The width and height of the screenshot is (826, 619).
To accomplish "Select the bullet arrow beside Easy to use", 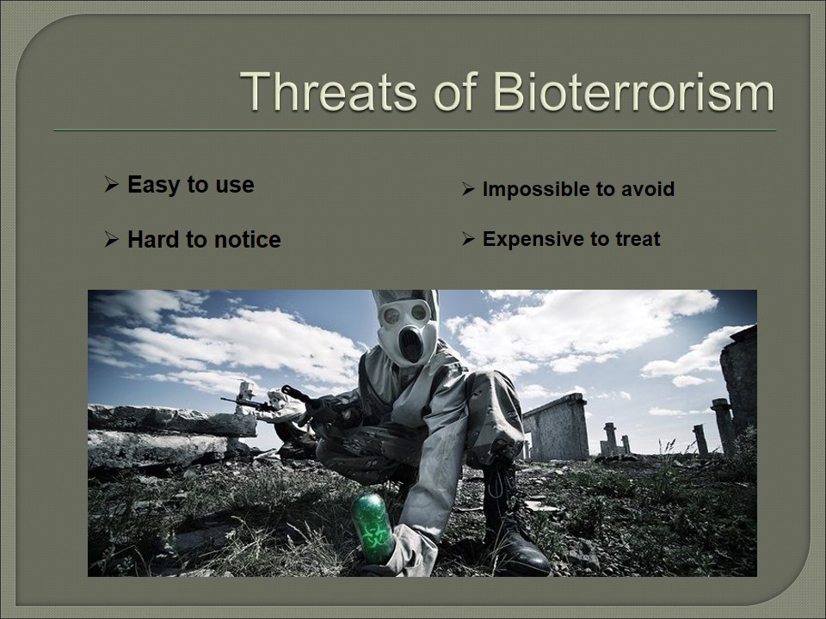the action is point(111,184).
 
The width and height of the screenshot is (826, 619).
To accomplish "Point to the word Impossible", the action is point(531,189).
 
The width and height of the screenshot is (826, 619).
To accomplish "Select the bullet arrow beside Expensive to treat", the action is point(468,239).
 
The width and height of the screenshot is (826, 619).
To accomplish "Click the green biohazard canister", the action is point(373,527).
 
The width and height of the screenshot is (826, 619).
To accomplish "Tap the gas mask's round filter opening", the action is point(410,344).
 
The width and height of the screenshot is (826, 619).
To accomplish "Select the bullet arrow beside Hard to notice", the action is point(111,240).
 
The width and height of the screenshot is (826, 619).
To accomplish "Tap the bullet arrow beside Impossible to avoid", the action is point(468,189).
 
